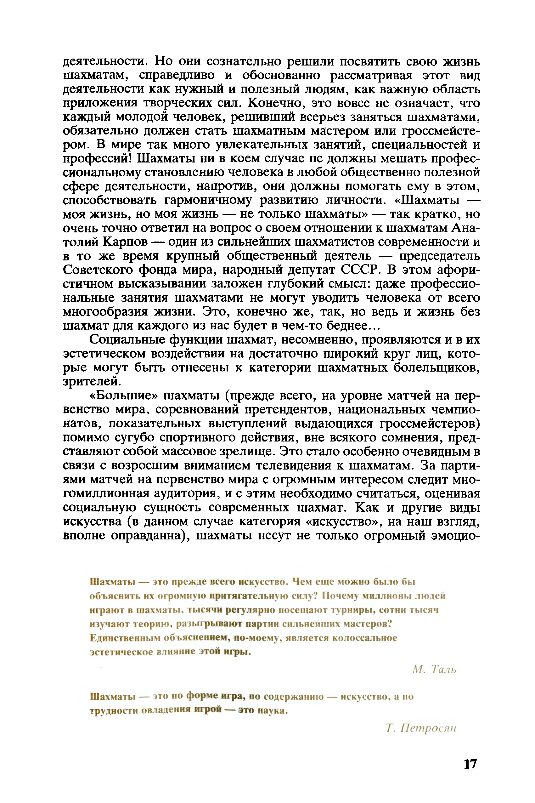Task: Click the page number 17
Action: pyautogui.click(x=470, y=764)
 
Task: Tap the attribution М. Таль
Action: pyautogui.click(x=434, y=670)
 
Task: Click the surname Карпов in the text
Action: pyautogui.click(x=125, y=242)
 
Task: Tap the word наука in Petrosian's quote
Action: pyautogui.click(x=272, y=710)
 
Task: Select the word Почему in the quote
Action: pyautogui.click(x=340, y=596)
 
